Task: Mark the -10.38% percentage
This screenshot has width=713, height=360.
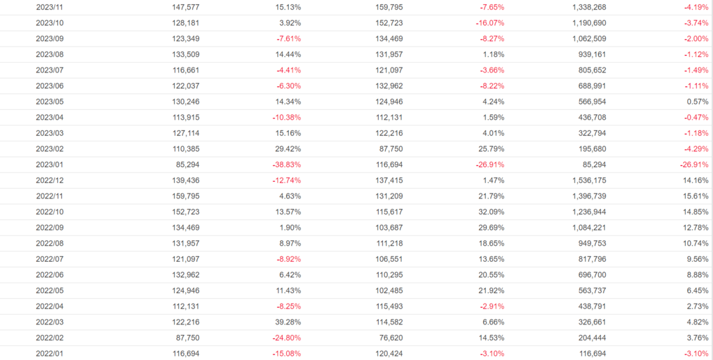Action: coord(287,117)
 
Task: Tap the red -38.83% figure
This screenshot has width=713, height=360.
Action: coord(287,164)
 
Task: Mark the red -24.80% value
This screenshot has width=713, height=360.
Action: coord(287,337)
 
